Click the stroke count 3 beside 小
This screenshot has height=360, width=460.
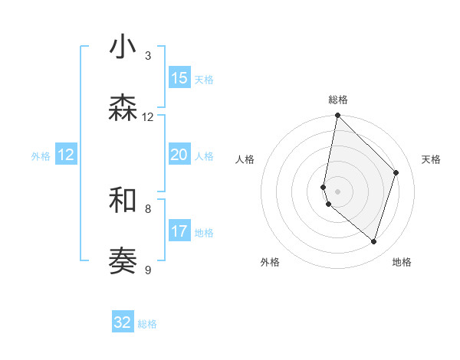tap(148, 55)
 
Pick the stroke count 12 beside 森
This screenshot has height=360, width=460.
tap(148, 116)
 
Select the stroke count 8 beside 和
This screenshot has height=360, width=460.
tap(148, 208)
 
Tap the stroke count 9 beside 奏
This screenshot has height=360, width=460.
tap(148, 270)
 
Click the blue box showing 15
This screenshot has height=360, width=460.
tap(179, 78)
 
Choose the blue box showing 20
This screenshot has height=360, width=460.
tap(179, 155)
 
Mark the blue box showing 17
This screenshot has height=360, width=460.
tap(179, 231)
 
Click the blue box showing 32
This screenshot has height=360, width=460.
tap(123, 322)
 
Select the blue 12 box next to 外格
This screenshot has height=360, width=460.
tap(66, 155)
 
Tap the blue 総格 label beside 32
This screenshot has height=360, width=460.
tap(147, 324)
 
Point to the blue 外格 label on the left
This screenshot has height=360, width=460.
tap(41, 156)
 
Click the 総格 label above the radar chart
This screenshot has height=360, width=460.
tap(337, 100)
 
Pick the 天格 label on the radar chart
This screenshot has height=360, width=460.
tap(431, 159)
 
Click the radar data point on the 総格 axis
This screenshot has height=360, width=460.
tap(337, 116)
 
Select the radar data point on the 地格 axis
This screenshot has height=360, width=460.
tap(374, 242)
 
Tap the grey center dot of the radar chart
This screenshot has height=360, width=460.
tap(337, 191)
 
